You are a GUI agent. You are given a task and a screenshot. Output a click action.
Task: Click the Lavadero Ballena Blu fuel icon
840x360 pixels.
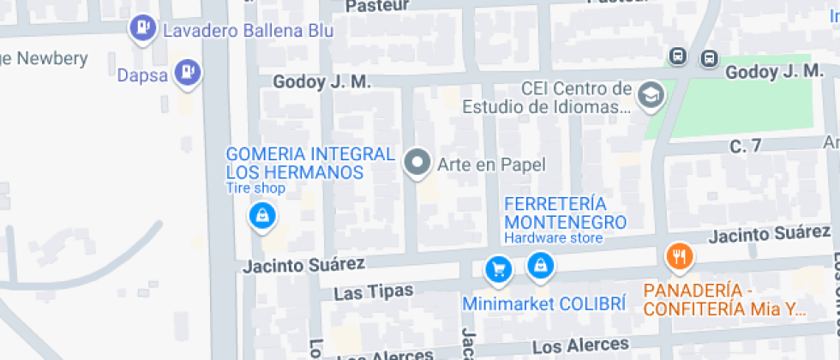coord(141,29)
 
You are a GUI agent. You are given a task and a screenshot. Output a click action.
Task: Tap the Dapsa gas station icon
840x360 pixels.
coord(187,72)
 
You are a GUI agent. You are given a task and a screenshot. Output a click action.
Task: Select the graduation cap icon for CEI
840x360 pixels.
coord(651,95)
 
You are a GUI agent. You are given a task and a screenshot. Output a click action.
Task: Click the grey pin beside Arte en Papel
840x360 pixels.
coord(418,162)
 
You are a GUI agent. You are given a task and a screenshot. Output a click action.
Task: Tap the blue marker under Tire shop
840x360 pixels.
coord(262,215)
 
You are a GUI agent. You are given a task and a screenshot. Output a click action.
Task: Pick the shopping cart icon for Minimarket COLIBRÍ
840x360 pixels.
coord(498,270)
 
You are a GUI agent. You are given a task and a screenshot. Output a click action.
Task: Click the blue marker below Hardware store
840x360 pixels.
coord(540,267)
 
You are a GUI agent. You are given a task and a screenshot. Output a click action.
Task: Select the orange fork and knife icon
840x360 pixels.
coord(679,255)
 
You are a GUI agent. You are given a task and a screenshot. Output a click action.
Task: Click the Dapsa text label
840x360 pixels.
coord(141,74)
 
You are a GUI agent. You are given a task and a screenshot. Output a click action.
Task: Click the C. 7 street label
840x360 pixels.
coord(745,147)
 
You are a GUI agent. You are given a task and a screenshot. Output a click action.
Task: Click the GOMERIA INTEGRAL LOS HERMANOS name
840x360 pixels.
coord(309,163)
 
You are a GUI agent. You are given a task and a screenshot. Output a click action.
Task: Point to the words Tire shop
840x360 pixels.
coord(255,189)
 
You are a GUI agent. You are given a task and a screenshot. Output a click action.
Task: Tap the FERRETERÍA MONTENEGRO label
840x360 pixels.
coord(566,213)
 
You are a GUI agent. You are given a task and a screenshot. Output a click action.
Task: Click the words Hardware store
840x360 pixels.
coord(553,237)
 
